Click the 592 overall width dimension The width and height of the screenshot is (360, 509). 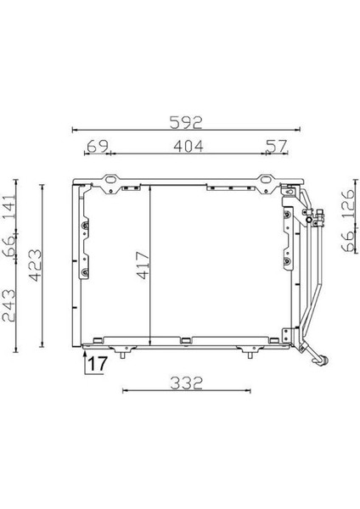coord(185,122)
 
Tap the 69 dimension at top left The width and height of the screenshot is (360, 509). coord(98,147)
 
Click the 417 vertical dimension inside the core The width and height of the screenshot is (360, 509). coord(142,268)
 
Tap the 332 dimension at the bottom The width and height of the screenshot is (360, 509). coord(185,382)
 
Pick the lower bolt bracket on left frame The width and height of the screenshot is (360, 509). coord(84,272)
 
